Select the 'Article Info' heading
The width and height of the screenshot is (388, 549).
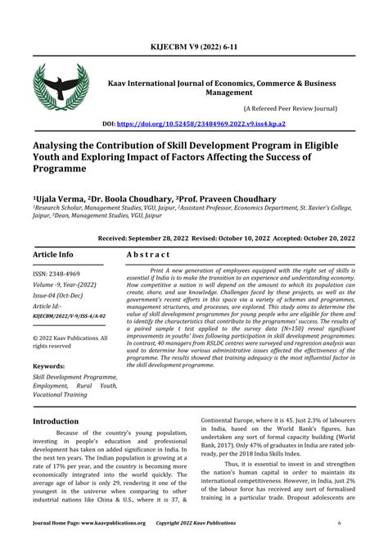(53, 255)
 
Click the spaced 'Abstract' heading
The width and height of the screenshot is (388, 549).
(148, 255)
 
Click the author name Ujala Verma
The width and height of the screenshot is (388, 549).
(59, 199)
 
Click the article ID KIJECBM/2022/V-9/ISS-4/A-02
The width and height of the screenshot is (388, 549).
(70, 315)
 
